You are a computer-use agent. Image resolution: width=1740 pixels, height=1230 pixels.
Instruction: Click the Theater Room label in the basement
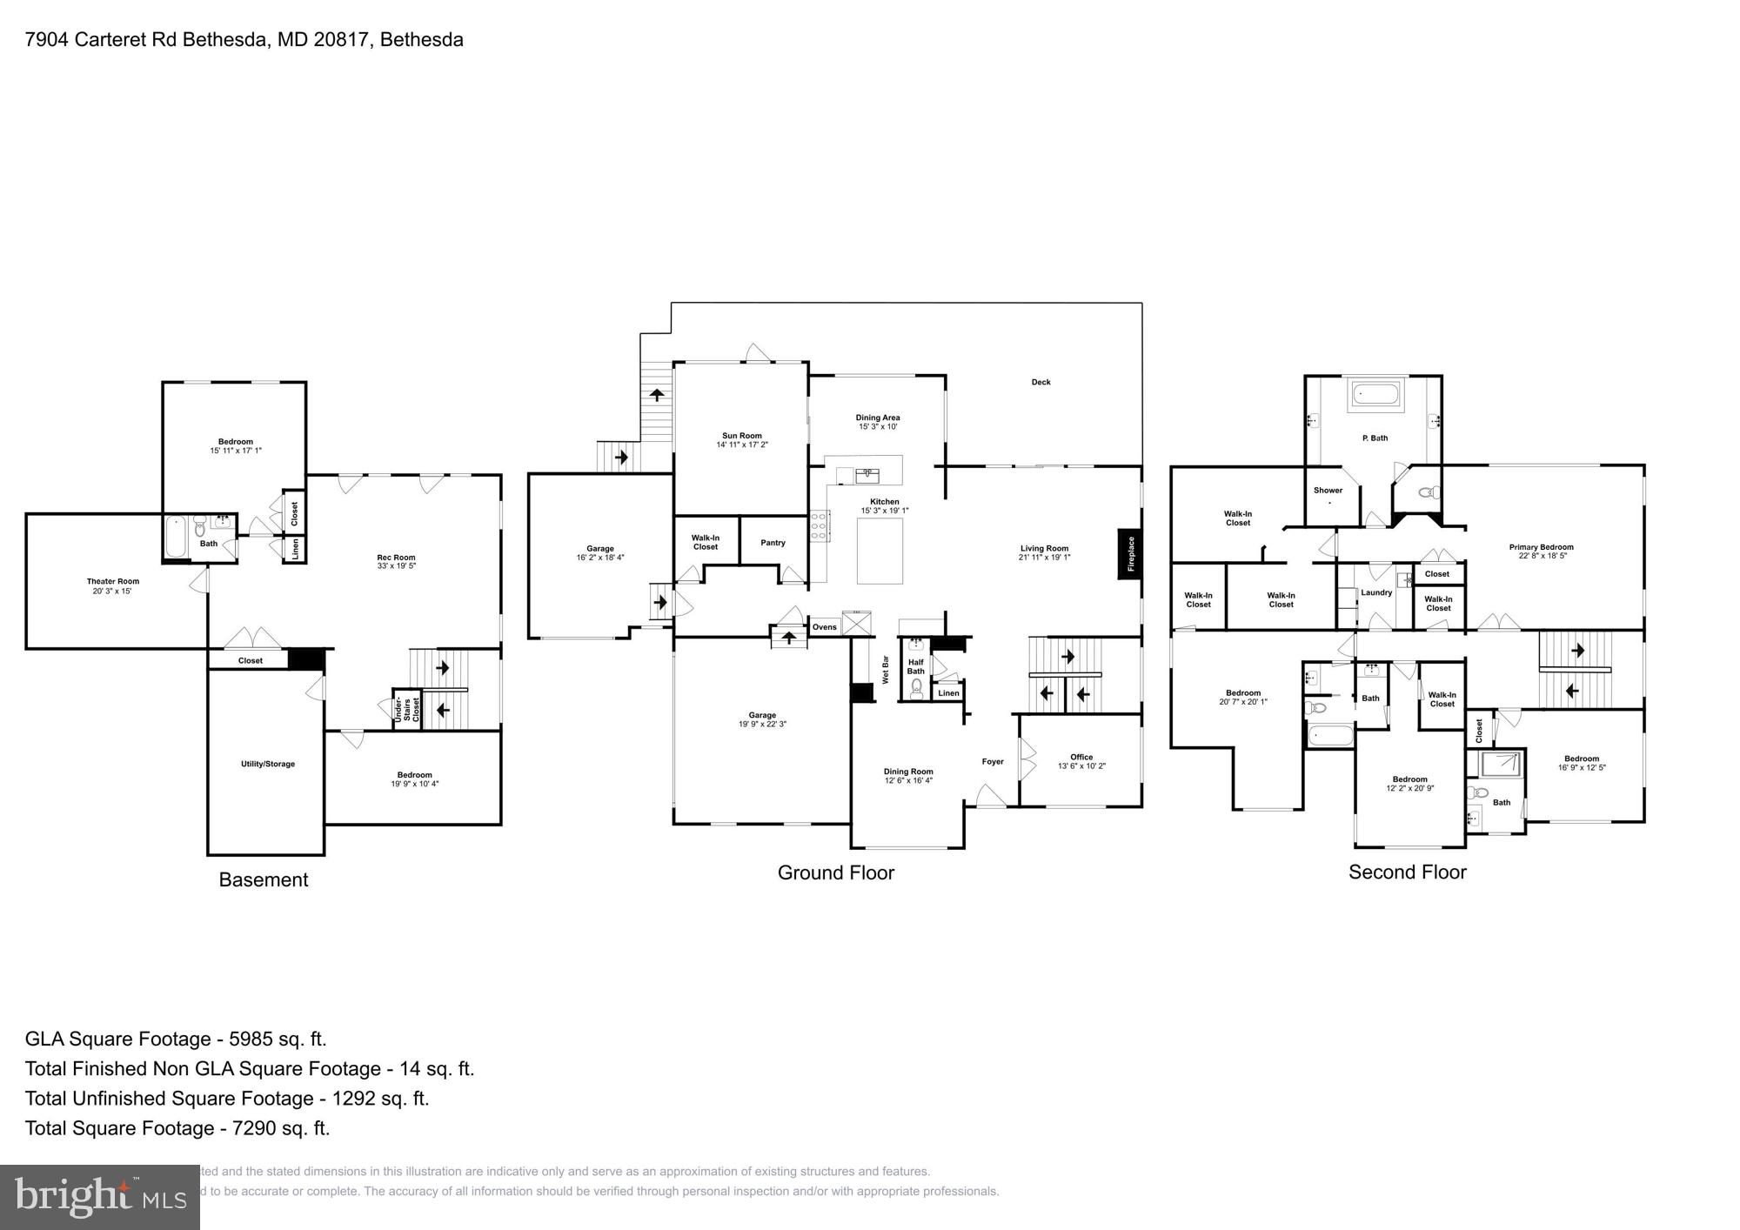click(x=112, y=581)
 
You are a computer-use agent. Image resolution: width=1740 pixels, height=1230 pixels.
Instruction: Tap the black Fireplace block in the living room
click(x=1129, y=553)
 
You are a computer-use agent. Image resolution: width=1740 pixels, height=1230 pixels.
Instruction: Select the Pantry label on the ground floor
click(x=773, y=543)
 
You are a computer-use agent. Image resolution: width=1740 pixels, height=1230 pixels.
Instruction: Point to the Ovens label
click(x=824, y=627)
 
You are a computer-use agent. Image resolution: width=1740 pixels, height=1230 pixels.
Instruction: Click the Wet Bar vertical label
click(x=886, y=669)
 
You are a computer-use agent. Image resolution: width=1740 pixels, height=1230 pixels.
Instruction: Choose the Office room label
click(x=1081, y=757)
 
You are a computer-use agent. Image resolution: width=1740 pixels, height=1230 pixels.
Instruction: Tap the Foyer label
click(x=993, y=761)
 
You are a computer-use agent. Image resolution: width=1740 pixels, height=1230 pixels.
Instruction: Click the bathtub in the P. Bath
click(x=1375, y=397)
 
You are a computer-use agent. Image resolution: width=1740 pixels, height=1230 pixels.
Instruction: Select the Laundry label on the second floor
click(x=1376, y=592)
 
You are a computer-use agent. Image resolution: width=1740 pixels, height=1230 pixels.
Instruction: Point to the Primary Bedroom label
click(x=1541, y=547)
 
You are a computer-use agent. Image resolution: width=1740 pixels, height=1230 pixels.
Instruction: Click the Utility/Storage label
click(x=267, y=764)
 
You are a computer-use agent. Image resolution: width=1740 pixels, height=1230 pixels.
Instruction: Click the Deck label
click(x=1041, y=382)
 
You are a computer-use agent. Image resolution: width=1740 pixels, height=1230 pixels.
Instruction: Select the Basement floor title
click(x=263, y=879)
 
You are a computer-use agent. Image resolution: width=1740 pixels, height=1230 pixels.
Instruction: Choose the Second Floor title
click(x=1407, y=872)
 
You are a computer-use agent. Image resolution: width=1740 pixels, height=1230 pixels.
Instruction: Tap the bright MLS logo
click(x=100, y=1198)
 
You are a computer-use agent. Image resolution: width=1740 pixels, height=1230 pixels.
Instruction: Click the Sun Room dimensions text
click(x=741, y=445)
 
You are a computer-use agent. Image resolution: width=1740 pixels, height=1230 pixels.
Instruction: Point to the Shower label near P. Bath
click(x=1328, y=491)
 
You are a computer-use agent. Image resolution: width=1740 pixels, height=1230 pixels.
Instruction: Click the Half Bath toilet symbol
click(x=916, y=690)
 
